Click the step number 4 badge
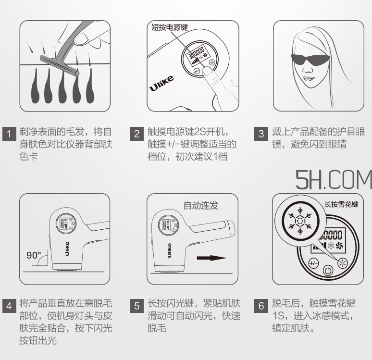(x=10, y=306)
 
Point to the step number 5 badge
(x=137, y=306)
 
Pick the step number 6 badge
(x=261, y=306)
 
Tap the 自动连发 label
(x=201, y=206)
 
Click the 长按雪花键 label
(x=341, y=204)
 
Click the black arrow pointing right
(x=211, y=258)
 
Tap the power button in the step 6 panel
(x=328, y=269)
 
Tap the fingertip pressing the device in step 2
(x=207, y=72)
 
